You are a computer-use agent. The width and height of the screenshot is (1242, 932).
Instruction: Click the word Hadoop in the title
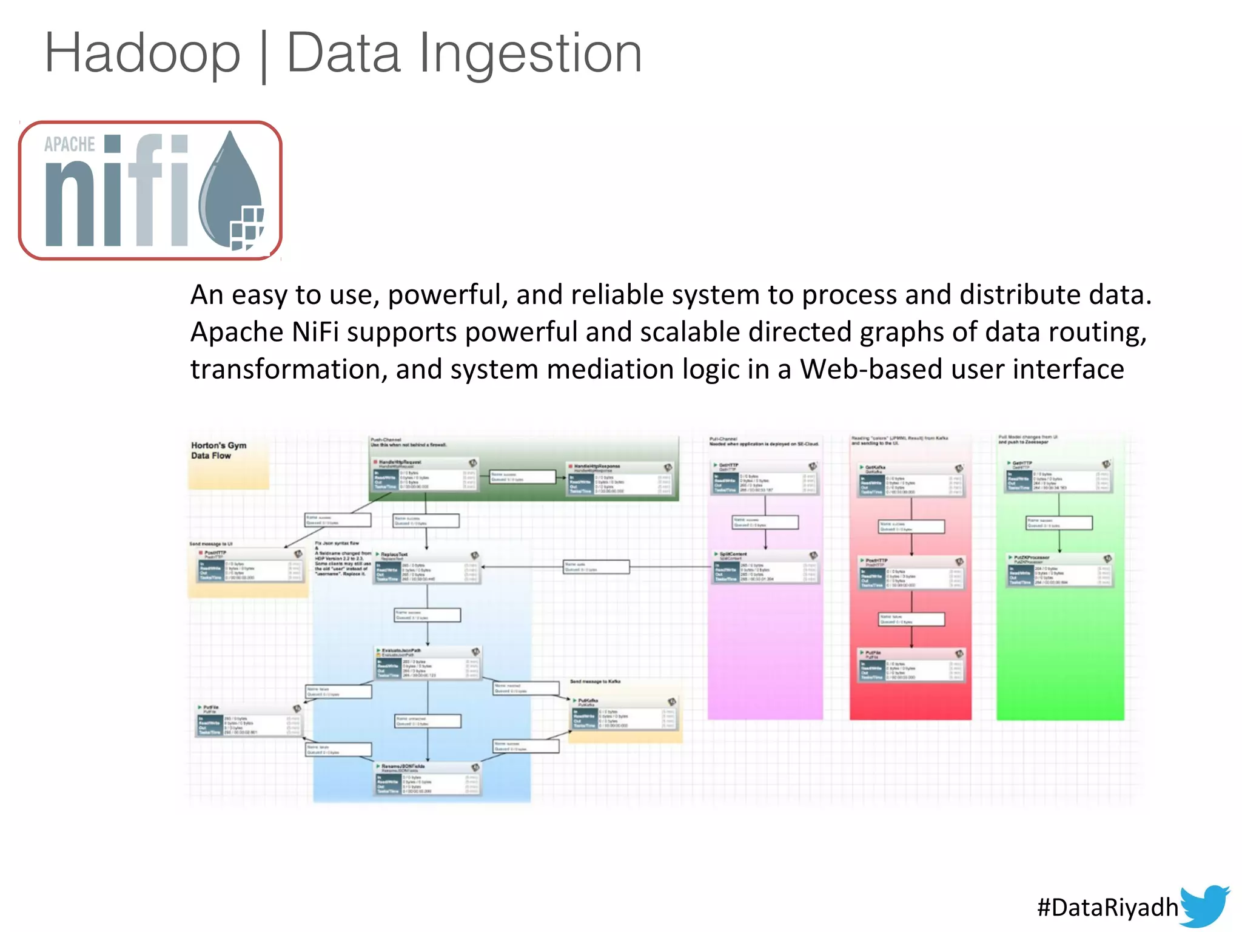click(x=143, y=53)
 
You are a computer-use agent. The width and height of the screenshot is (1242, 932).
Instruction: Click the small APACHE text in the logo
click(x=69, y=144)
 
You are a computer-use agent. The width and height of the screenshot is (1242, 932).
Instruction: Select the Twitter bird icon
click(x=1204, y=905)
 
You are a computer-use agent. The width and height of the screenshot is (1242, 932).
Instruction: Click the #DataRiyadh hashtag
click(x=1107, y=907)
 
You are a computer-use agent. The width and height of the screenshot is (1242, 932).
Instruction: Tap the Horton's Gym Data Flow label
click(x=219, y=450)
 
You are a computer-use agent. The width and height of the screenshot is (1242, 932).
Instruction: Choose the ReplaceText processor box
click(x=428, y=568)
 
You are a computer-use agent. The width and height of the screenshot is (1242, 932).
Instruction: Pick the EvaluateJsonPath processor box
click(x=428, y=663)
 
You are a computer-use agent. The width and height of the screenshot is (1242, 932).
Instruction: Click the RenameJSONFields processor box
click(x=428, y=778)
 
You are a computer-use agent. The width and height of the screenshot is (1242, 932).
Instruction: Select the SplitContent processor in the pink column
click(x=765, y=567)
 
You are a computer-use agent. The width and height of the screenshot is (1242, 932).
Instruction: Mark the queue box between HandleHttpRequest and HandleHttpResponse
click(x=523, y=477)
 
